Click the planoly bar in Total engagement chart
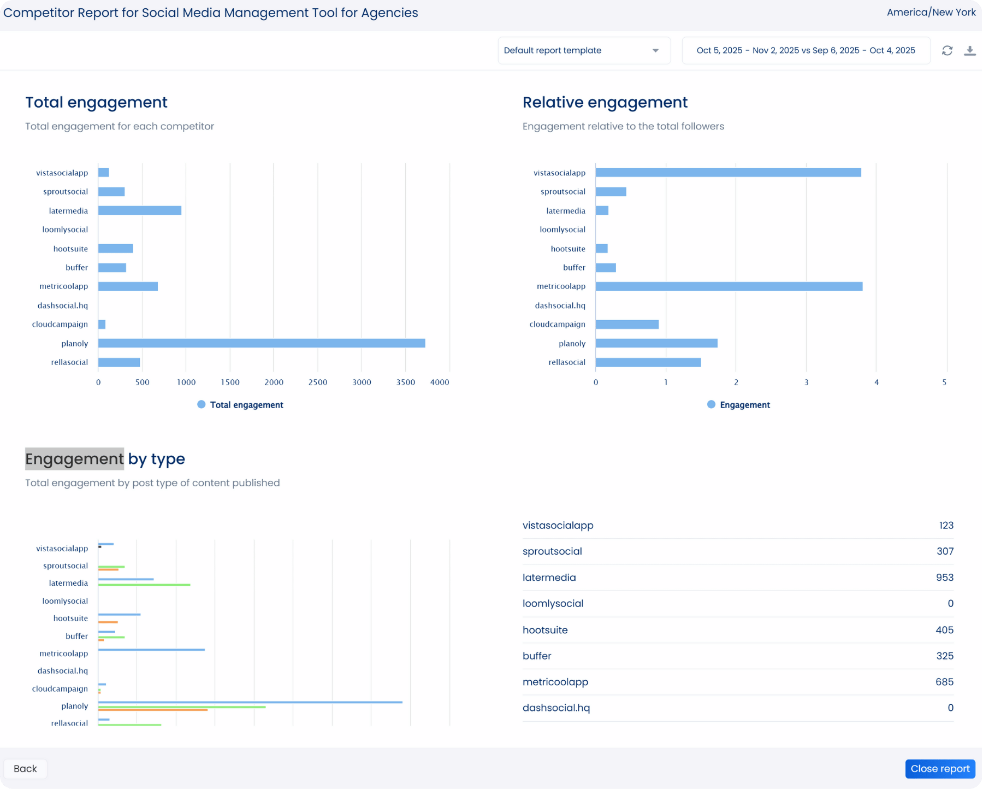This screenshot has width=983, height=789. (261, 343)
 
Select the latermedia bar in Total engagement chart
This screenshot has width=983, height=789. (140, 211)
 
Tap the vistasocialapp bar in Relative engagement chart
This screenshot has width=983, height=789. (728, 173)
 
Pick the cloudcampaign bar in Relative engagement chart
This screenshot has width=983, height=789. (627, 325)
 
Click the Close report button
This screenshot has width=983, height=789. (939, 769)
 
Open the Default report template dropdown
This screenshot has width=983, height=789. (583, 51)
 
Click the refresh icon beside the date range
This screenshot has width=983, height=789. (947, 51)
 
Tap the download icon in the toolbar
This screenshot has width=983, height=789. (969, 51)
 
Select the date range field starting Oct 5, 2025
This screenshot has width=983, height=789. (806, 51)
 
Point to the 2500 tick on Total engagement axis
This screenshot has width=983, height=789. (318, 382)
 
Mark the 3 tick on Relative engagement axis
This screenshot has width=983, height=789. (806, 382)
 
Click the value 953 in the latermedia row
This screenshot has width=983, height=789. (944, 578)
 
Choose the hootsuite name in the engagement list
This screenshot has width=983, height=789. (545, 630)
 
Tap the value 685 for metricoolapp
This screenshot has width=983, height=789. (944, 682)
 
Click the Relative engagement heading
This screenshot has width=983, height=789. (605, 102)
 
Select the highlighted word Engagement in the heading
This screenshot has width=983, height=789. (74, 459)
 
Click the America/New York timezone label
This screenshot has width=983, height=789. (931, 13)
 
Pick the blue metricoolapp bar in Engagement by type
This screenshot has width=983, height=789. (151, 650)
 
